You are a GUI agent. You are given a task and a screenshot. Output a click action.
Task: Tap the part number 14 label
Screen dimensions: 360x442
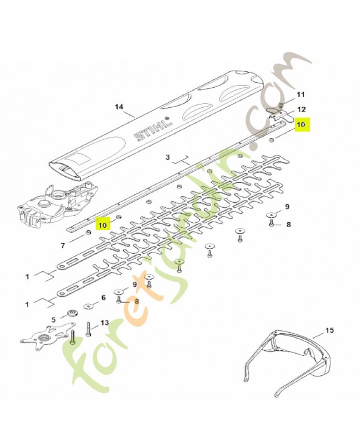coord(119,107)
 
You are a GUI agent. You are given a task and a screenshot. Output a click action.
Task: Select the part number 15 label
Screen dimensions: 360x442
coord(329,330)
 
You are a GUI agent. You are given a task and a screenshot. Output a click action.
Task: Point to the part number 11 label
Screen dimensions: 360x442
coord(301,94)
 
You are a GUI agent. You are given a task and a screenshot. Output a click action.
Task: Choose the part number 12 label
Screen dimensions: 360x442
coord(301,109)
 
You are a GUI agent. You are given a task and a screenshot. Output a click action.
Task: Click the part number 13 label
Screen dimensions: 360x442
coord(104,323)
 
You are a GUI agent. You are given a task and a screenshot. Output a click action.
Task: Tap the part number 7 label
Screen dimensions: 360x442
coord(63,245)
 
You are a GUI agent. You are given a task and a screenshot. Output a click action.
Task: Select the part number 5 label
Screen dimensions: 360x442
coord(54,320)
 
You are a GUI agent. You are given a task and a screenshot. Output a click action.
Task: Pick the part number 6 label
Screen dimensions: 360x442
coord(103,298)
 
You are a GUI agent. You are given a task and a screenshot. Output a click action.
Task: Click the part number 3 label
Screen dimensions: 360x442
coord(168,157)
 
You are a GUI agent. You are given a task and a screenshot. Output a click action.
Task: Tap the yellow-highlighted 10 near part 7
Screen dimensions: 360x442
coord(103,225)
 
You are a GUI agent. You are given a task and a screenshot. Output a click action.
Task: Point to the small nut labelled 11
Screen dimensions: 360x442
coord(281,106)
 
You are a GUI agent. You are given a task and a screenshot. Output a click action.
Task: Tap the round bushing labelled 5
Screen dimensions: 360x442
coord(72,313)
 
